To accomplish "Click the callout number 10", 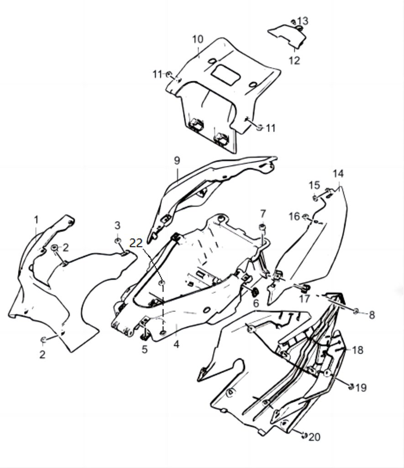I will tap(197, 39).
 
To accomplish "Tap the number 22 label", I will tap(136, 243).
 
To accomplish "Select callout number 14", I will tap(338, 174).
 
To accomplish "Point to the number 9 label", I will tap(177, 160).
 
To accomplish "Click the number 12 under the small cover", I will tap(294, 60).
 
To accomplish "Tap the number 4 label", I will tap(176, 344).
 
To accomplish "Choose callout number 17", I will tap(304, 299).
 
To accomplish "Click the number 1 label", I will tap(37, 220).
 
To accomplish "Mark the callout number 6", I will tap(256, 303).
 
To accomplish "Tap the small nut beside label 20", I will tap(304, 435).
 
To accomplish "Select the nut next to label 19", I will tap(351, 387).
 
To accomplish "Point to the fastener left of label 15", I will tap(315, 197).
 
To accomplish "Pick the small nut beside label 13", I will tap(293, 21).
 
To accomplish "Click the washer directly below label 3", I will tap(117, 240).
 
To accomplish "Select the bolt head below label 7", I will tap(263, 227).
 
